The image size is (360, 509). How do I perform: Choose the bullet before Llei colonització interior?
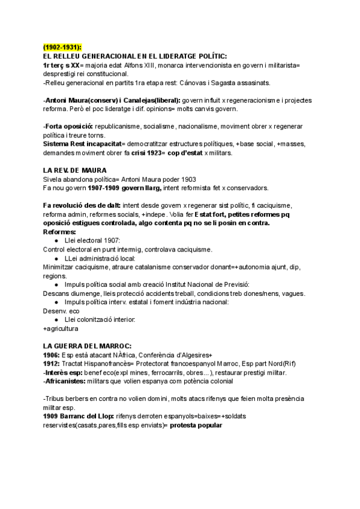[x=56, y=319]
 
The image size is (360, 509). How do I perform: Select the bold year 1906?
[x=52, y=355]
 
